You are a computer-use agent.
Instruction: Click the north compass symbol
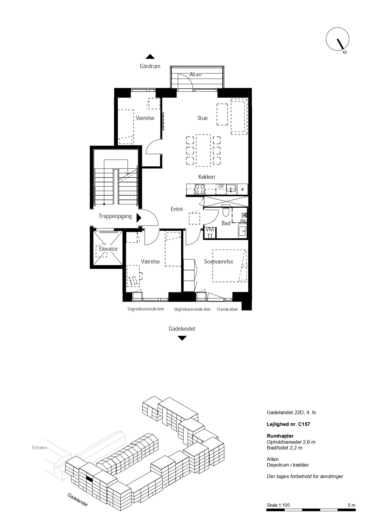[338, 40]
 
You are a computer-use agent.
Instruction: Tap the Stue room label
[202, 118]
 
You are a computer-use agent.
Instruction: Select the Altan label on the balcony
[195, 74]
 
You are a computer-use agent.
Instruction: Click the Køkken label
[207, 177]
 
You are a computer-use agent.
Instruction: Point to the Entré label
[177, 209]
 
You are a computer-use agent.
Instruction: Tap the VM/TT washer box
[210, 233]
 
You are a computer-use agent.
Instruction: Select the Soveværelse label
[219, 262]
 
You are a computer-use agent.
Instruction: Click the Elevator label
[109, 249]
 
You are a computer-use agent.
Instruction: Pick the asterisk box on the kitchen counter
[242, 190]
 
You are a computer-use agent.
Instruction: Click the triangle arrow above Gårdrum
[150, 57]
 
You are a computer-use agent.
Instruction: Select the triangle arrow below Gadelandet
[182, 338]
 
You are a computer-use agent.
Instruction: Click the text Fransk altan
[227, 309]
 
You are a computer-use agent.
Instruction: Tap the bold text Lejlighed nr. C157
[288, 424]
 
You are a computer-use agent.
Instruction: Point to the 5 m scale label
[351, 505]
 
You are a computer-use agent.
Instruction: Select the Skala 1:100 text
[278, 505]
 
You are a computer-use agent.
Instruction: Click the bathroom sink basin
[242, 231]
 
